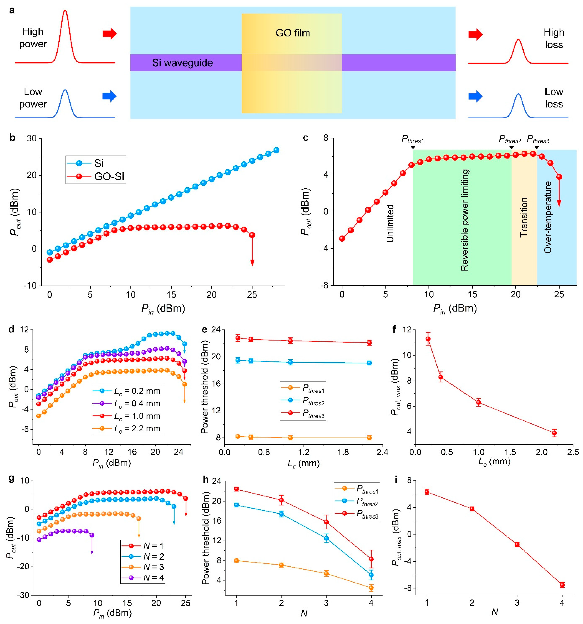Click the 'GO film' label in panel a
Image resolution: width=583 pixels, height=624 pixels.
pyautogui.click(x=293, y=33)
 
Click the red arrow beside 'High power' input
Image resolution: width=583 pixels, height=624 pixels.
pyautogui.click(x=110, y=34)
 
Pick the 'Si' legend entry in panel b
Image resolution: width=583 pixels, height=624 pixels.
pyautogui.click(x=99, y=163)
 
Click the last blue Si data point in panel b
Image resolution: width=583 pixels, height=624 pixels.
pyautogui.click(x=276, y=150)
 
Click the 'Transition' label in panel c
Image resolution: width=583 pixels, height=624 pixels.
pyautogui.click(x=524, y=217)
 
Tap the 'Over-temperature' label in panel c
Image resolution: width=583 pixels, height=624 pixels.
pyautogui.click(x=548, y=217)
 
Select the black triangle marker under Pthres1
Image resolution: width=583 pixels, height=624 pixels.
pyautogui.click(x=413, y=147)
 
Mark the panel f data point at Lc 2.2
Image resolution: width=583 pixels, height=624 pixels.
pyautogui.click(x=554, y=433)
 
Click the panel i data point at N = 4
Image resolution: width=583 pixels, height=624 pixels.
pyautogui.click(x=562, y=585)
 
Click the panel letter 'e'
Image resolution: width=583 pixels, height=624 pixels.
pyautogui.click(x=204, y=330)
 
